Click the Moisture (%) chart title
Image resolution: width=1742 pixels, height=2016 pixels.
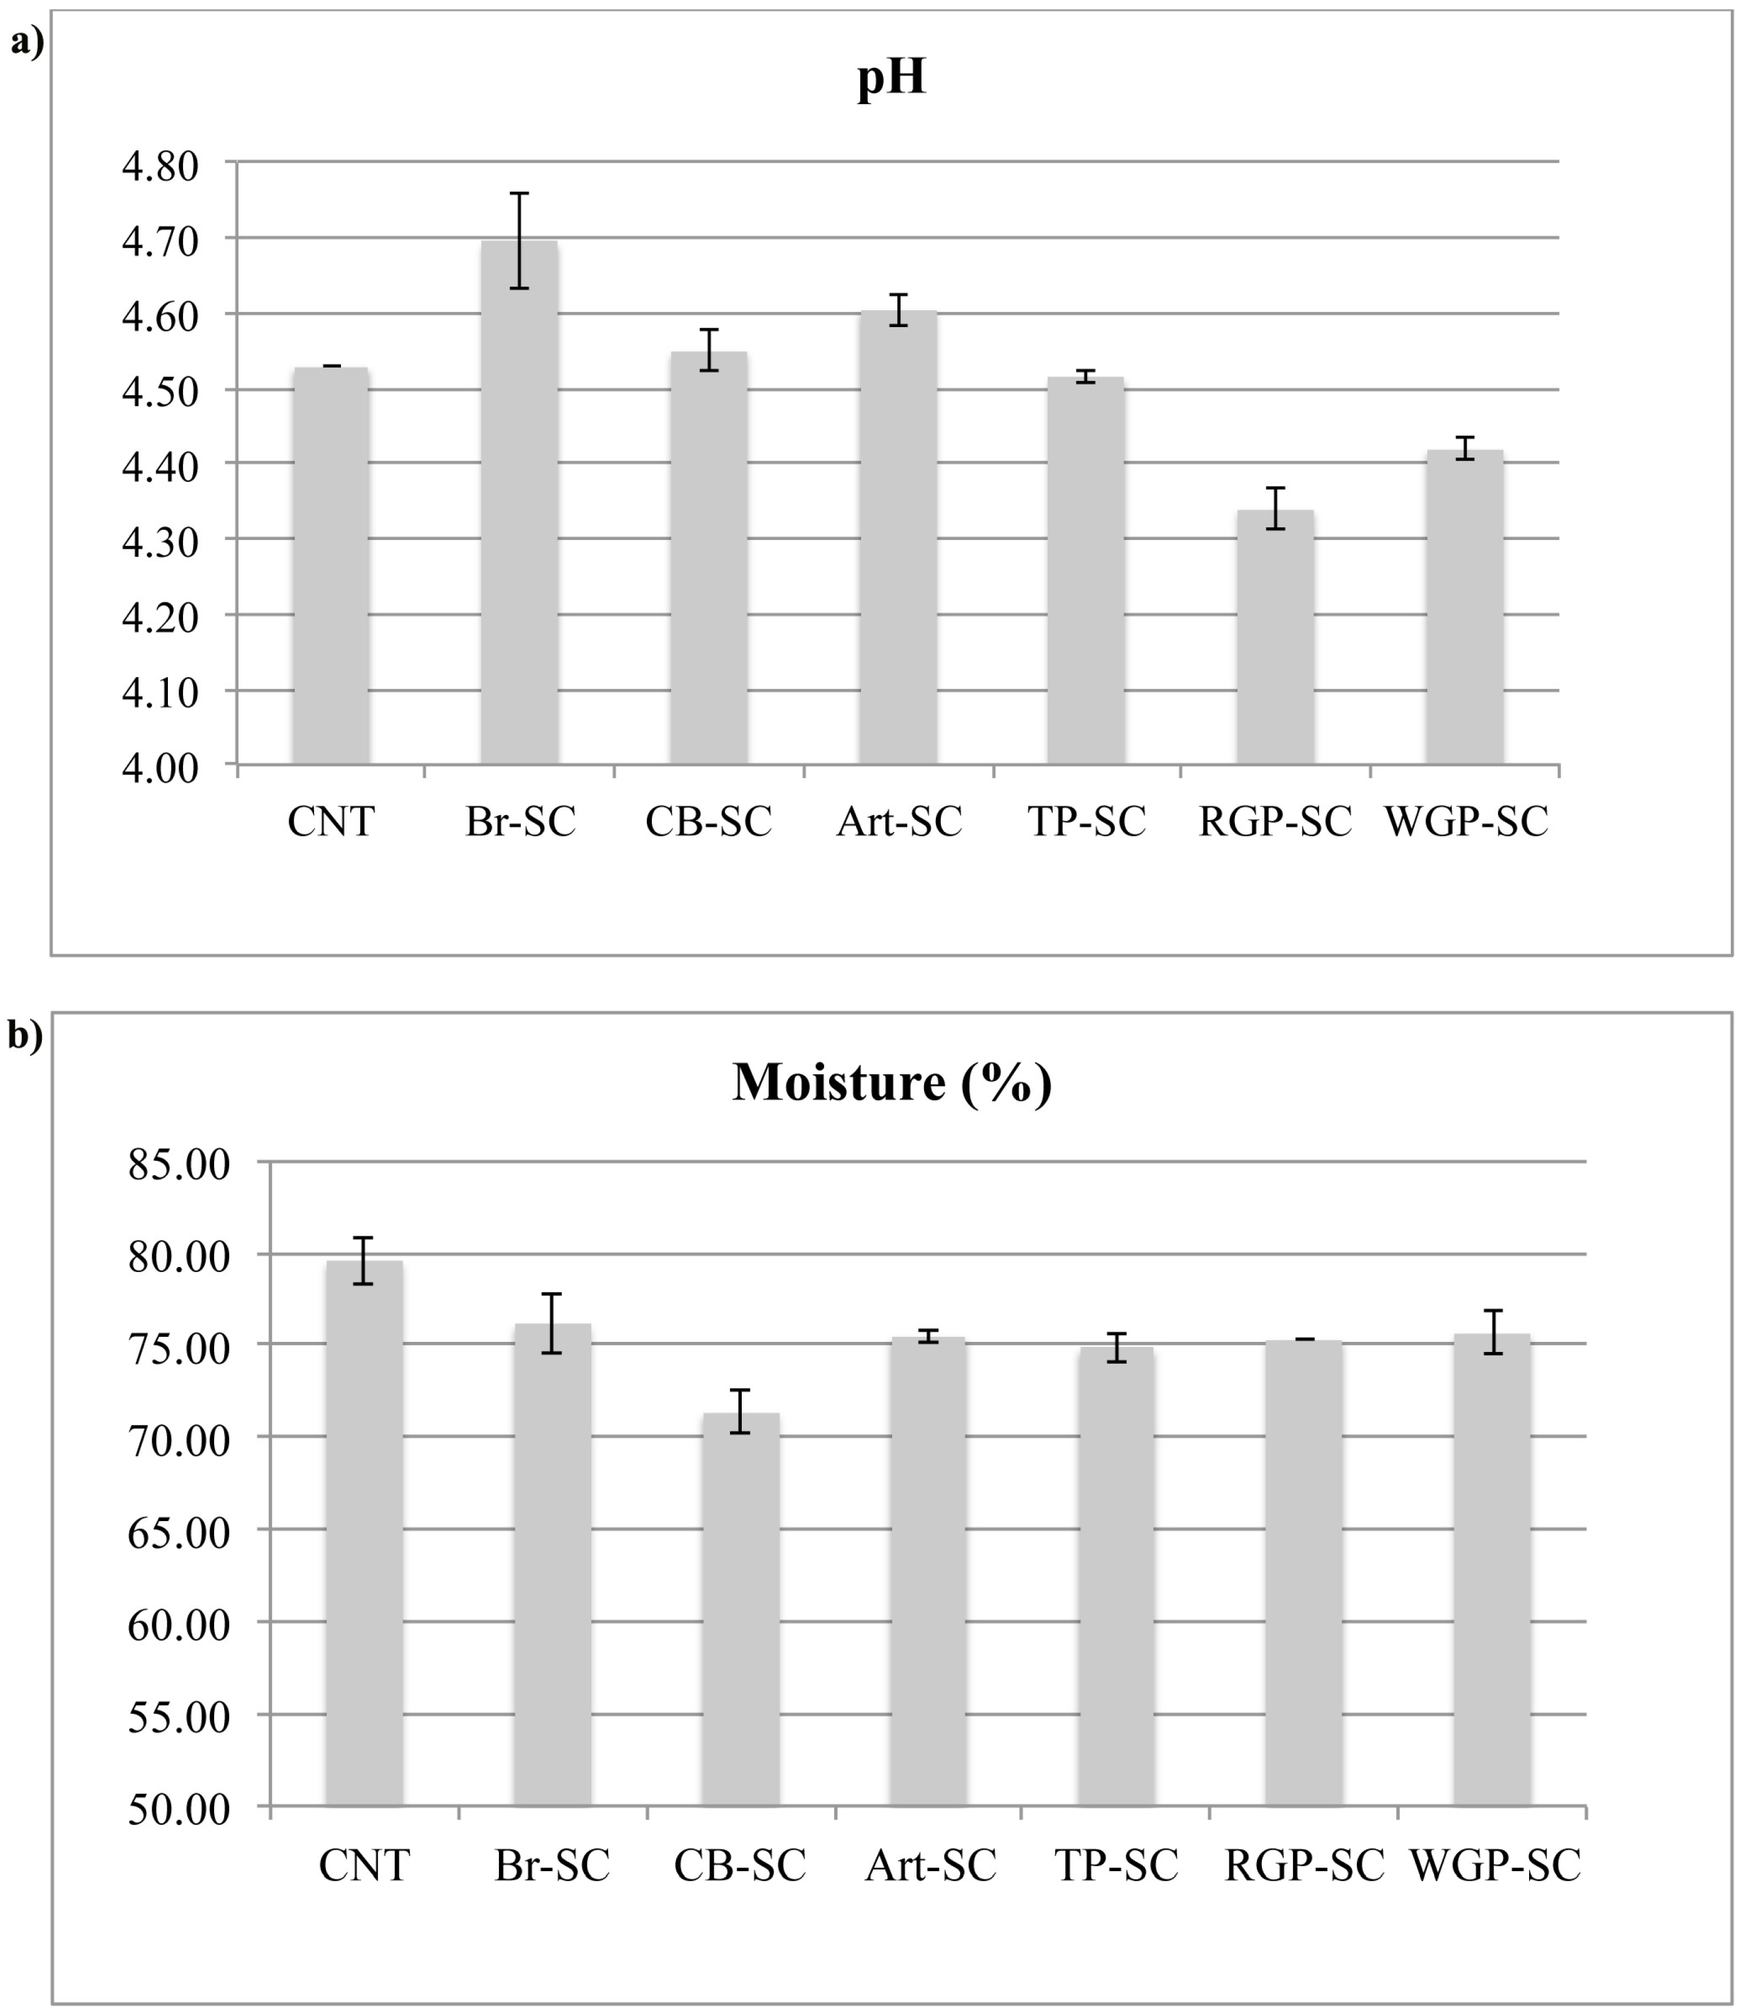(x=892, y=1081)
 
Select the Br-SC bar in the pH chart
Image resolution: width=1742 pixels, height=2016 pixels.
(x=519, y=506)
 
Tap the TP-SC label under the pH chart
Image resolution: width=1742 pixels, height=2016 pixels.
(x=1087, y=822)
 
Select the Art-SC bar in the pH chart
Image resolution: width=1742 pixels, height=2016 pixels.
(x=897, y=540)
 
